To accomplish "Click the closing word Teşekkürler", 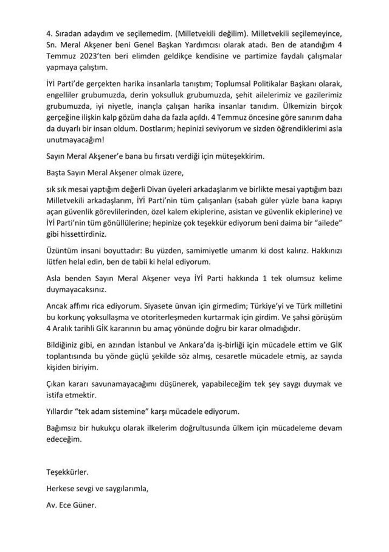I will click(x=67, y=473).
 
